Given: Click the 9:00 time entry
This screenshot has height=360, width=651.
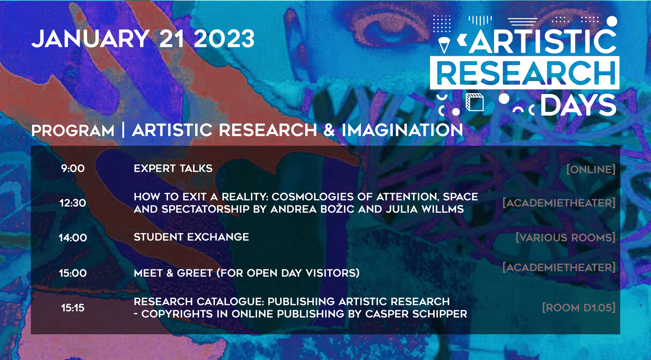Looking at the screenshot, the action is [73, 169].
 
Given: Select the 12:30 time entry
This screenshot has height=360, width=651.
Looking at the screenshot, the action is [73, 203].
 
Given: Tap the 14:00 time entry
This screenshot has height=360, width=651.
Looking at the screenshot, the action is [73, 238].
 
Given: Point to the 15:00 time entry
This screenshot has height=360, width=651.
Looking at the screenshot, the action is [73, 273].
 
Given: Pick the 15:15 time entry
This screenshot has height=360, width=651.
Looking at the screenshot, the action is [73, 308].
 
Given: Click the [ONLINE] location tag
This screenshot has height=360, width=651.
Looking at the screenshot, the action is [591, 170].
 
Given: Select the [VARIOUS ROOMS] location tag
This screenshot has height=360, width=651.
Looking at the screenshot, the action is [565, 237].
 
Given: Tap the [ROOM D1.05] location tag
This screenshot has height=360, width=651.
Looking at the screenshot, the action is [579, 308].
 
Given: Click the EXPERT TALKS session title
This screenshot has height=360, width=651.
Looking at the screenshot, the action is [173, 168].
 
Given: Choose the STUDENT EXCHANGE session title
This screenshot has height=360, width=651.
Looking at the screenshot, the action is [191, 237].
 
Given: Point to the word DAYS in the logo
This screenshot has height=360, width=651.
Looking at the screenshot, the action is [578, 105].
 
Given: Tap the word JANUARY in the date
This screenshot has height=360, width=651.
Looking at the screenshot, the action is [90, 39].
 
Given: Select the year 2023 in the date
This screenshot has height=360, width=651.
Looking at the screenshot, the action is [224, 39].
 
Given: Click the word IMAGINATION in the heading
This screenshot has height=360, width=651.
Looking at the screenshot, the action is [402, 130].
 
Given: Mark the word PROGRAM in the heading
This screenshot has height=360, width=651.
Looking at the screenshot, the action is [73, 131].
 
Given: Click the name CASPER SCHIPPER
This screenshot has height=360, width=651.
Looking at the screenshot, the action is [416, 314].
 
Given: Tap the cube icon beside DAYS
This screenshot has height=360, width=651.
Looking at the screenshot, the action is [474, 102].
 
